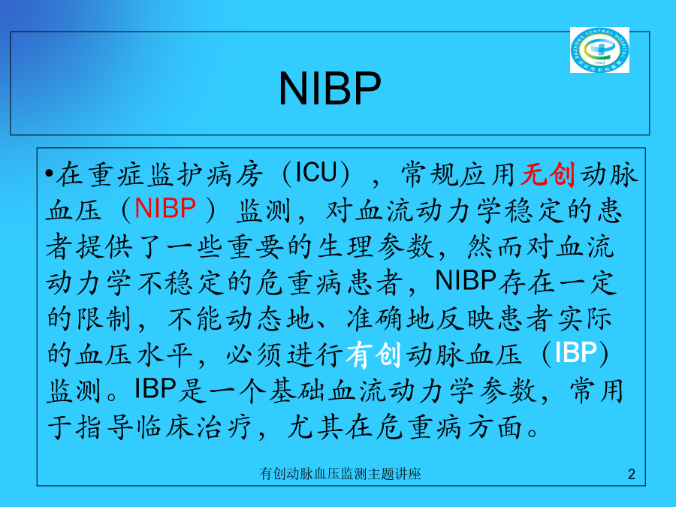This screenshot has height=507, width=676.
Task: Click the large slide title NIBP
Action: (x=330, y=88)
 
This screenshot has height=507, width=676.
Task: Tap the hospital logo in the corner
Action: (x=599, y=50)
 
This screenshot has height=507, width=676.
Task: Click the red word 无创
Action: (x=548, y=174)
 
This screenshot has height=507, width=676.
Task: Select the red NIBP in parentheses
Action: (x=165, y=208)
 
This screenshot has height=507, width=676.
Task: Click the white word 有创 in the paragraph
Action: (x=373, y=355)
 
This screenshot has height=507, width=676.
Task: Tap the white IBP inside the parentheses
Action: (x=575, y=353)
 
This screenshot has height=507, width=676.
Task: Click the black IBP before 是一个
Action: (x=155, y=388)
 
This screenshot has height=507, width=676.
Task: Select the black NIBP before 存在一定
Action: (x=466, y=280)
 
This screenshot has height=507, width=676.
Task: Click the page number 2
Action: (x=632, y=474)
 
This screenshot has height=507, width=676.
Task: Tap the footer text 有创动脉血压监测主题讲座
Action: (x=340, y=474)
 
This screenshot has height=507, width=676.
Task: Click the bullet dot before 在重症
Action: (x=50, y=174)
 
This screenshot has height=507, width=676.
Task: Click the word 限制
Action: (x=104, y=318)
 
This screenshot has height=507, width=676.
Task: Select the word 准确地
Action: (x=390, y=318)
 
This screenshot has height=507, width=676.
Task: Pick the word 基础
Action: (x=297, y=391)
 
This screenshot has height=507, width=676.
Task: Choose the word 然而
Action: (x=496, y=246)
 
